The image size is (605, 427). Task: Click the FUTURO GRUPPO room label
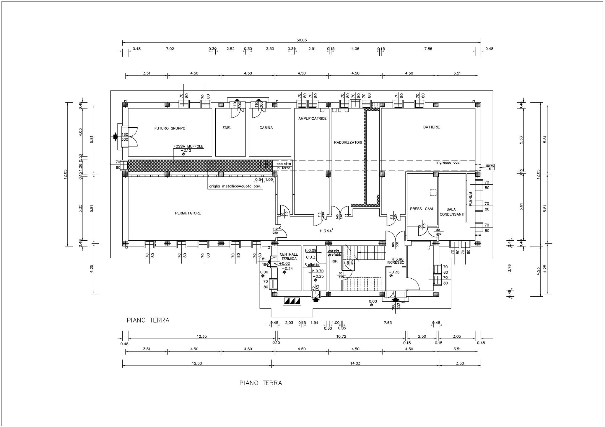click(x=170, y=128)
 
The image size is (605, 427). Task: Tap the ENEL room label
click(x=227, y=128)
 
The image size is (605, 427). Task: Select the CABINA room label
click(x=266, y=128)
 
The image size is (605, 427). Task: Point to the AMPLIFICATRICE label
click(x=312, y=119)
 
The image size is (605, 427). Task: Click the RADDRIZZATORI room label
click(x=348, y=142)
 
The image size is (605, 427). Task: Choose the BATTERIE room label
click(x=432, y=127)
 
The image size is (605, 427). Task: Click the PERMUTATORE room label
click(x=188, y=213)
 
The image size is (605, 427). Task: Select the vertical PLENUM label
click(x=471, y=199)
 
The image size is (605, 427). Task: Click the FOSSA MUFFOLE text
click(x=188, y=146)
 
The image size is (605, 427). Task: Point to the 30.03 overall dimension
click(x=302, y=40)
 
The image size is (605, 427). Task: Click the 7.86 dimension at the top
click(x=428, y=49)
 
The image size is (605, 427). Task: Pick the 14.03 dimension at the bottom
click(x=355, y=363)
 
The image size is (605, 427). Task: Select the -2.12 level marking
click(x=186, y=150)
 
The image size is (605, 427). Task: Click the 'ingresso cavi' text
click(x=448, y=162)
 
